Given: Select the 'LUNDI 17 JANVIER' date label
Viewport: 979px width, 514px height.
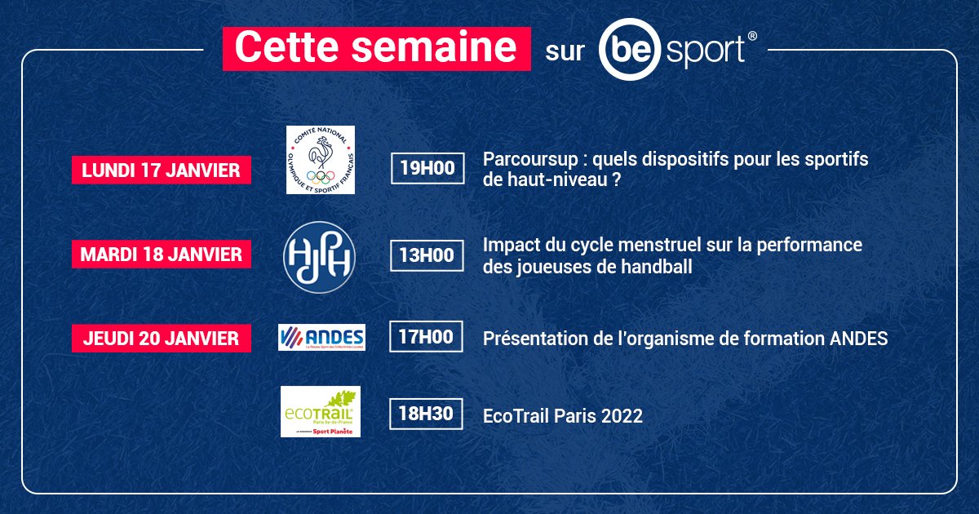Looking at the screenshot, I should click(161, 170).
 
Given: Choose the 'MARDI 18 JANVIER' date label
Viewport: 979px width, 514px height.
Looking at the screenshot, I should click(161, 254).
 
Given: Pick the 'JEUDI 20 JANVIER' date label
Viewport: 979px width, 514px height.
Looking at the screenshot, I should click(161, 338).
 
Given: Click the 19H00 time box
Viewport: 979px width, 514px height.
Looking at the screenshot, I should click(427, 169).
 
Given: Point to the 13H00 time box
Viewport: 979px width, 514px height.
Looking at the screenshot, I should click(427, 255).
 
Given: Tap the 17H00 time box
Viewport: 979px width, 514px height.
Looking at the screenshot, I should click(427, 337).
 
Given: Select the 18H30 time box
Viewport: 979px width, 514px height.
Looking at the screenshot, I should click(427, 414).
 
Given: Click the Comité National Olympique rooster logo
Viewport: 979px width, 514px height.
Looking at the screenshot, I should click(320, 160).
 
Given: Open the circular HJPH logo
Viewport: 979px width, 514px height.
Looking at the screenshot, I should click(319, 255).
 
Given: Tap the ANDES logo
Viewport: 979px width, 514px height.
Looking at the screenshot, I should click(321, 337).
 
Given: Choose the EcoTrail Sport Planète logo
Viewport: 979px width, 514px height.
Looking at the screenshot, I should click(320, 411).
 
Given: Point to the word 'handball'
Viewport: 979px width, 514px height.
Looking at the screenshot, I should click(659, 266).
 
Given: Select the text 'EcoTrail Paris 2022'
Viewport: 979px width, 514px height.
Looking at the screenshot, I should click(563, 416).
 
